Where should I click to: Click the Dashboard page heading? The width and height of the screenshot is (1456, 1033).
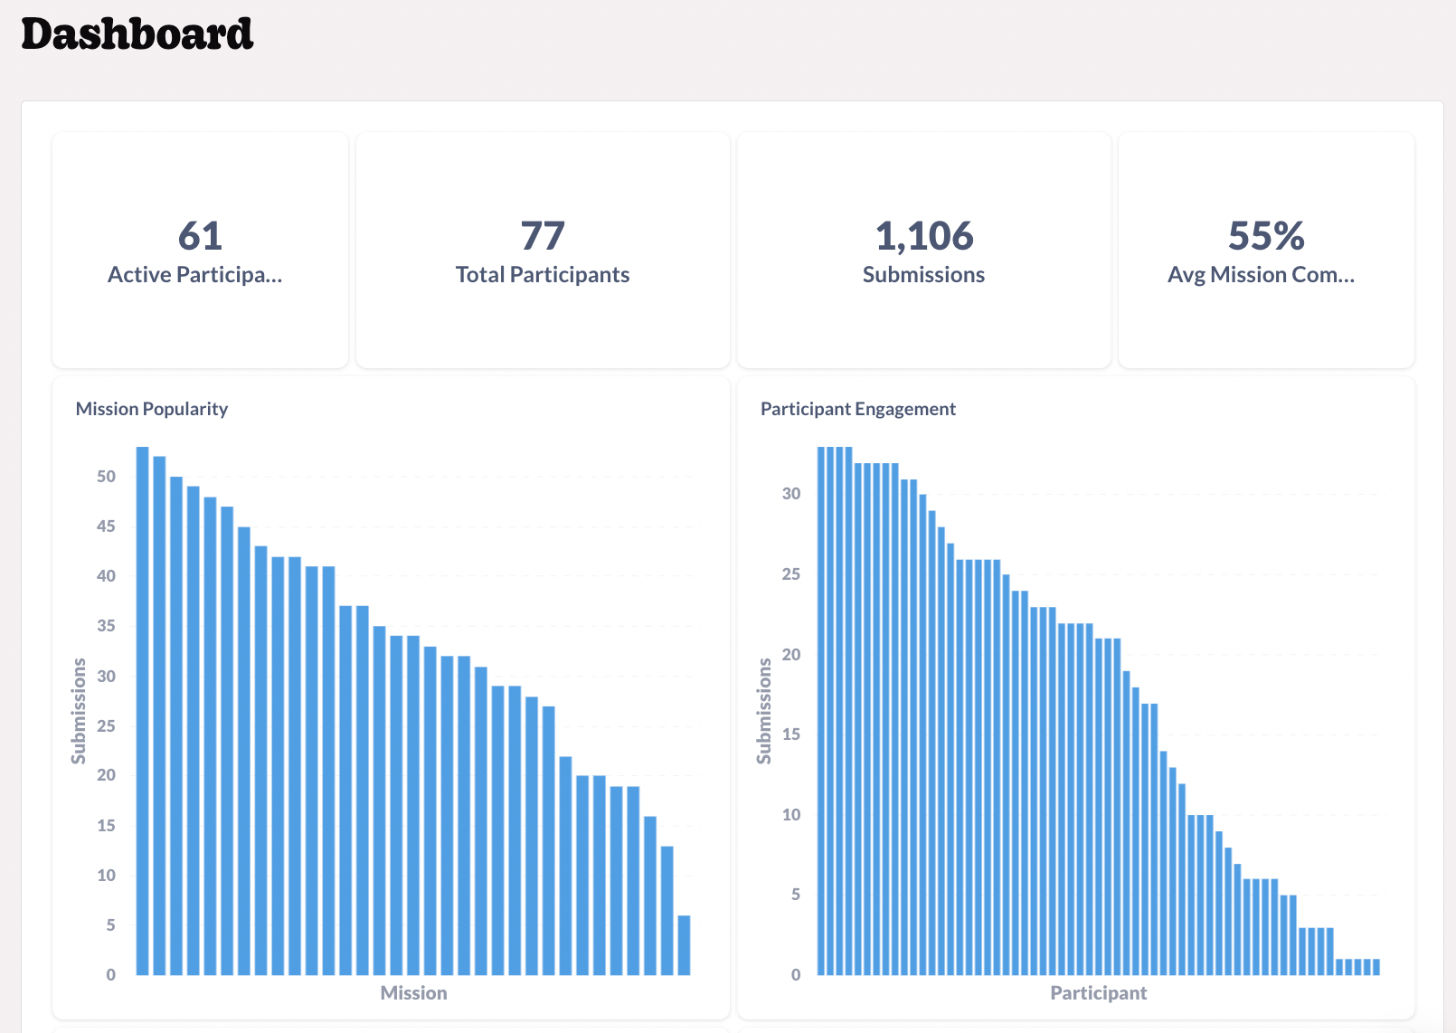tap(137, 34)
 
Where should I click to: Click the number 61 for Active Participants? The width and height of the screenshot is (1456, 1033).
tap(200, 236)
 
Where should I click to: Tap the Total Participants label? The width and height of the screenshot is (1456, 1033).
tap(543, 275)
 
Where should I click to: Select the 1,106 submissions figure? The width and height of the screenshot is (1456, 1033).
tap(923, 236)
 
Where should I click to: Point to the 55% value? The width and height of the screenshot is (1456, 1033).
tap(1266, 236)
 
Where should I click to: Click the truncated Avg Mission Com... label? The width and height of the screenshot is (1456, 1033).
tap(1261, 275)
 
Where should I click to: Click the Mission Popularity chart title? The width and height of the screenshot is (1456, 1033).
tap(152, 409)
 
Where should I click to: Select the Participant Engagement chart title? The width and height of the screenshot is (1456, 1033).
tap(857, 409)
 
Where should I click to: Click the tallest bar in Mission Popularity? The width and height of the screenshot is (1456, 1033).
tap(143, 710)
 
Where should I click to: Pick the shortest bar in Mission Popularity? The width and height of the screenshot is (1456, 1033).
tap(685, 945)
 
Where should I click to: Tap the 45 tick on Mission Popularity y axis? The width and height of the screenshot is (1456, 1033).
tap(107, 526)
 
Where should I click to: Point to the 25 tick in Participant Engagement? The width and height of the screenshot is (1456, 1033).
tap(791, 574)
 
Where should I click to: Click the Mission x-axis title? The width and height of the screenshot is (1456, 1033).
tap(413, 993)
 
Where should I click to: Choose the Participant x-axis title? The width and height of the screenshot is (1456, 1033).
tap(1098, 993)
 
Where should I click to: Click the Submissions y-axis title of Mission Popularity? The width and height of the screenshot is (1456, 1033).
tap(79, 711)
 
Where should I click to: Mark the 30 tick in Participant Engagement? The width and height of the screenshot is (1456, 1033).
tap(791, 494)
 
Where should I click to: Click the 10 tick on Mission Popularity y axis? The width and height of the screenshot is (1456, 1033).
tap(107, 876)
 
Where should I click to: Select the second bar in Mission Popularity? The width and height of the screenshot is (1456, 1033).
tap(159, 715)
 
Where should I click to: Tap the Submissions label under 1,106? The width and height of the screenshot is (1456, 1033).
tap(923, 275)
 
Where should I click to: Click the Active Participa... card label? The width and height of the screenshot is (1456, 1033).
tap(195, 275)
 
